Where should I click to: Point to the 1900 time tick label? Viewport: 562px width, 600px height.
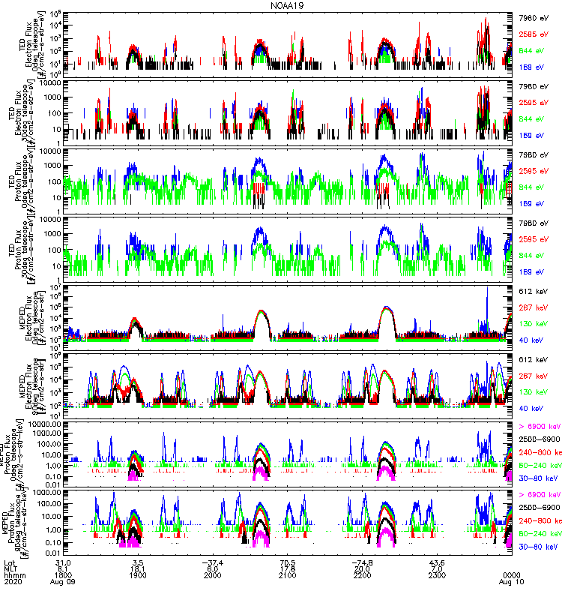(137, 575)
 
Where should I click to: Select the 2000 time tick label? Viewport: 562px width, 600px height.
(212, 575)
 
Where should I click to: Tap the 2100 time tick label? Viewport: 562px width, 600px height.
(287, 575)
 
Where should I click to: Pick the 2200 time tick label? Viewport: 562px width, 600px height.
(362, 575)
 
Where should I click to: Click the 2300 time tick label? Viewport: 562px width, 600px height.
(437, 575)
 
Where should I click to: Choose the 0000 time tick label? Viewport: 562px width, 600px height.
(511, 575)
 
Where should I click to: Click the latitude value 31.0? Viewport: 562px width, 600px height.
(63, 562)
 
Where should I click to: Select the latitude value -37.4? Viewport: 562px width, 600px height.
(212, 562)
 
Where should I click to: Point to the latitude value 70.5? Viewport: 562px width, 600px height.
(287, 562)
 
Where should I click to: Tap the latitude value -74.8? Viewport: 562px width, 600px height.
(362, 562)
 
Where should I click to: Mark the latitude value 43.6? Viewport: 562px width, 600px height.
(437, 562)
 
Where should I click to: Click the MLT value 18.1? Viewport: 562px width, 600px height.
(137, 568)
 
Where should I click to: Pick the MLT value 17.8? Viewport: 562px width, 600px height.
(287, 568)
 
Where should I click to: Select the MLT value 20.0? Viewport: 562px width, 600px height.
(362, 568)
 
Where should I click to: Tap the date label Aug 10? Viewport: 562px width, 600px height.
(511, 582)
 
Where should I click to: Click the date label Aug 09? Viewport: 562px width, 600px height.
(63, 582)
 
